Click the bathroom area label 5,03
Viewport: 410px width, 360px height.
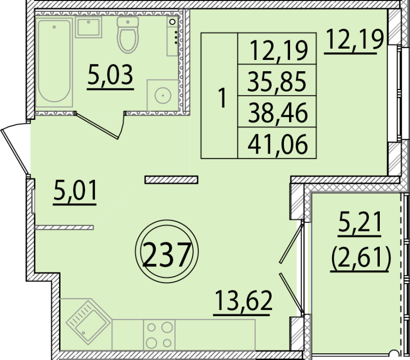(110, 76)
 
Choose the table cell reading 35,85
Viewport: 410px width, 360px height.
(277, 80)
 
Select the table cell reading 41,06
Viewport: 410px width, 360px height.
(277, 144)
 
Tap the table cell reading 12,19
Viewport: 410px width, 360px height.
(277, 49)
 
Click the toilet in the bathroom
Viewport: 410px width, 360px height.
(127, 34)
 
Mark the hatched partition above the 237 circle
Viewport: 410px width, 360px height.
(171, 179)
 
